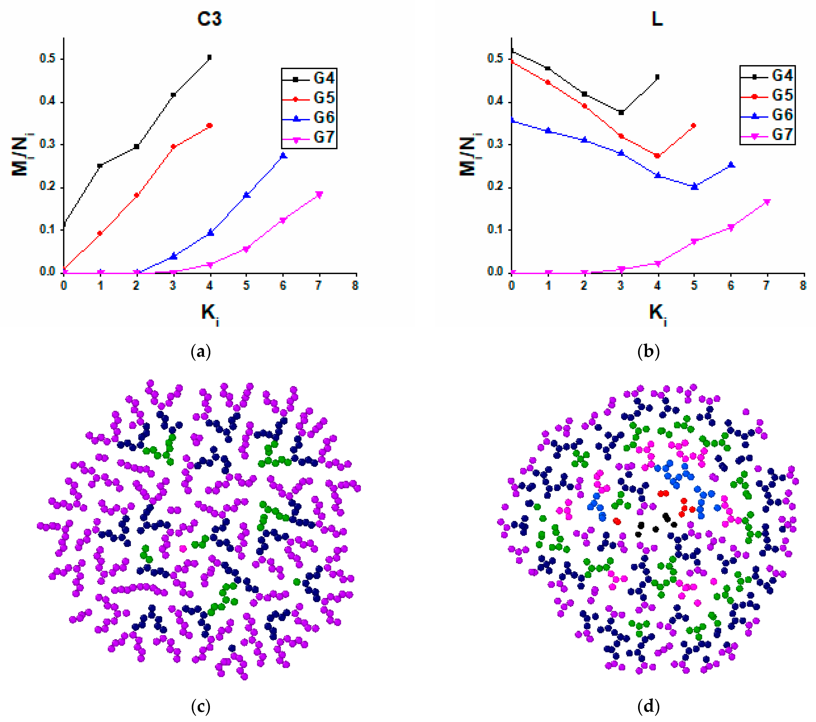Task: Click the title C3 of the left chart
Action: tap(209, 19)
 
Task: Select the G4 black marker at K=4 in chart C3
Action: tap(210, 57)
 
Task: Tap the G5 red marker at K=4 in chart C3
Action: tap(210, 126)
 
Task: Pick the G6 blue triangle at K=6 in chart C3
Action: tap(284, 156)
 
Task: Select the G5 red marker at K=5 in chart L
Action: tap(694, 126)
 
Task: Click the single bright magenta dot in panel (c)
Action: tap(183, 549)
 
